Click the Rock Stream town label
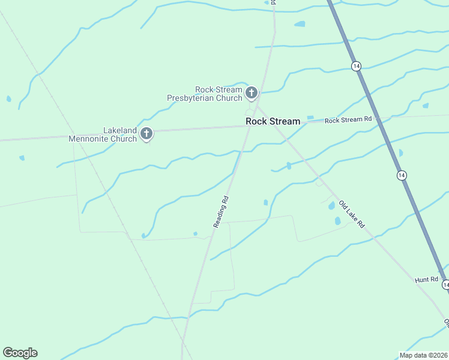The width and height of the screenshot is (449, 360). pos(273,121)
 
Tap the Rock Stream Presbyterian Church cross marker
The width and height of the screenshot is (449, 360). pos(252,92)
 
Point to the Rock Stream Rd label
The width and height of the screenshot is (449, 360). pos(348,119)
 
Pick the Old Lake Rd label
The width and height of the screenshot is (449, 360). pos(352,214)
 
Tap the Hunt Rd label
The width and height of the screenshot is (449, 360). pos(427,280)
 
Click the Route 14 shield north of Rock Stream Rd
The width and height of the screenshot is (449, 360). pos(357,66)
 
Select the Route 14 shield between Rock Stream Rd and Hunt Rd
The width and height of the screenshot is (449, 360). pos(402,175)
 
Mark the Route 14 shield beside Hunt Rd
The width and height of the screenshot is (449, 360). pos(445,284)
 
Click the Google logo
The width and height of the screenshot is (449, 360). pos(20,353)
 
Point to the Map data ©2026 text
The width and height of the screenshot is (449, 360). pos(423,355)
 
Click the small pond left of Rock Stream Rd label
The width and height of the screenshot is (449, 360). pos(310,118)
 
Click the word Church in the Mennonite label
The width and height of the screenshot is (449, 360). pos(124,139)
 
